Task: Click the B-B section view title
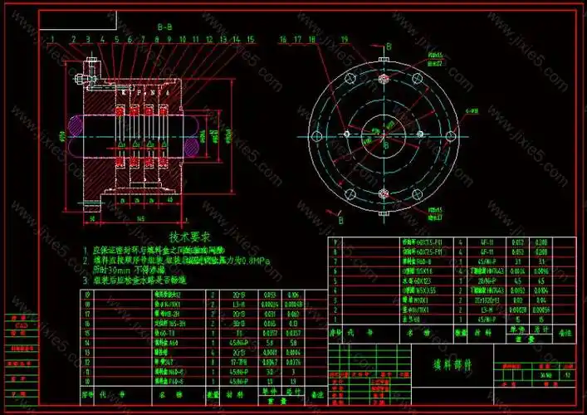click(165, 27)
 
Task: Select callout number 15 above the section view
click(250, 39)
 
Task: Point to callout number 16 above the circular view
click(282, 39)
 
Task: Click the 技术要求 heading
click(186, 237)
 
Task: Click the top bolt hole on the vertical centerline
click(384, 80)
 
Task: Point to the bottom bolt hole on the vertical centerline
click(384, 193)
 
